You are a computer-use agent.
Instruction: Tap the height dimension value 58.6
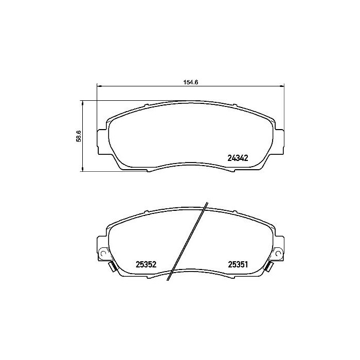pos(79,136)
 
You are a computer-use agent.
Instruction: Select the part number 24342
pos(238,159)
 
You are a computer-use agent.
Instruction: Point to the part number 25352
pos(146,265)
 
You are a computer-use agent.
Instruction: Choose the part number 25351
pos(238,265)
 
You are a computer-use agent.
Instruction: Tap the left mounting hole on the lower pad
pos(103,254)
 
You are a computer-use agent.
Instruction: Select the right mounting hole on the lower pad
pos(278,254)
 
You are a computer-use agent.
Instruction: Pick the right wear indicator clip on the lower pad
pos(270,266)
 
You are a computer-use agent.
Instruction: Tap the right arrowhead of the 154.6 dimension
pos(281,86)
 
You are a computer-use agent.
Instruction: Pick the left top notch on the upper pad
pos(147,106)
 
